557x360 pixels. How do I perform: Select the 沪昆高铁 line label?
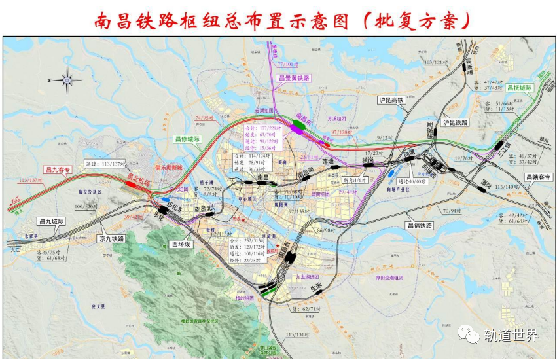[x=391, y=100]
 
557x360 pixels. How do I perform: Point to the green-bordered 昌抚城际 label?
[x=520, y=88]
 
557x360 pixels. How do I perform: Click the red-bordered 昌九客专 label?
[x=58, y=170]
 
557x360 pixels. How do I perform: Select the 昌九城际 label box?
[x=51, y=221]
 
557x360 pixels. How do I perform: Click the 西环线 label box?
[x=180, y=244]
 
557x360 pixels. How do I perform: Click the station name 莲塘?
[x=329, y=160]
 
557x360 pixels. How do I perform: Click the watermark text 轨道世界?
[x=511, y=335]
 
